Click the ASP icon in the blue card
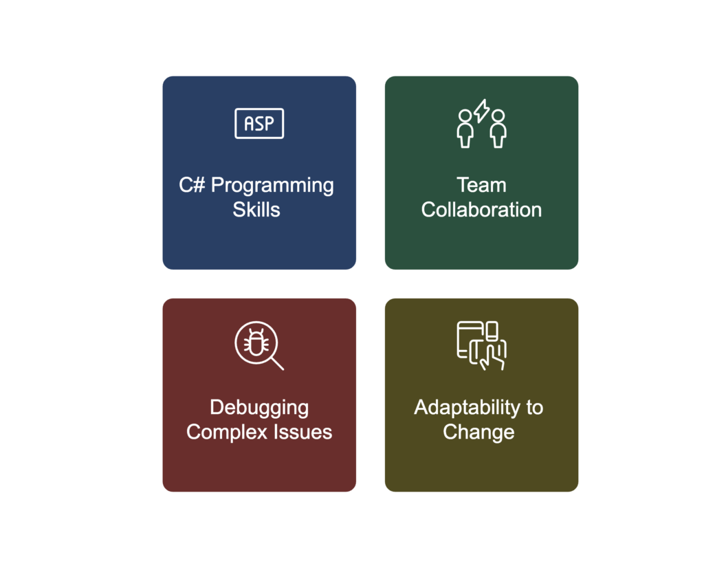[259, 124]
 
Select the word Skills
[256, 210]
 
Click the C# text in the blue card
[192, 185]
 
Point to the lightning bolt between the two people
[482, 111]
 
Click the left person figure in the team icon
[465, 129]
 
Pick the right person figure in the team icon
[498, 129]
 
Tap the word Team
[481, 185]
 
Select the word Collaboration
[481, 210]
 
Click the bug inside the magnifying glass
[256, 343]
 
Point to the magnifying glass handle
[278, 364]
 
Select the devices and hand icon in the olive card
[482, 345]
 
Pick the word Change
[478, 433]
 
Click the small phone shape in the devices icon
[492, 331]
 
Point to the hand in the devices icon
[493, 356]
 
